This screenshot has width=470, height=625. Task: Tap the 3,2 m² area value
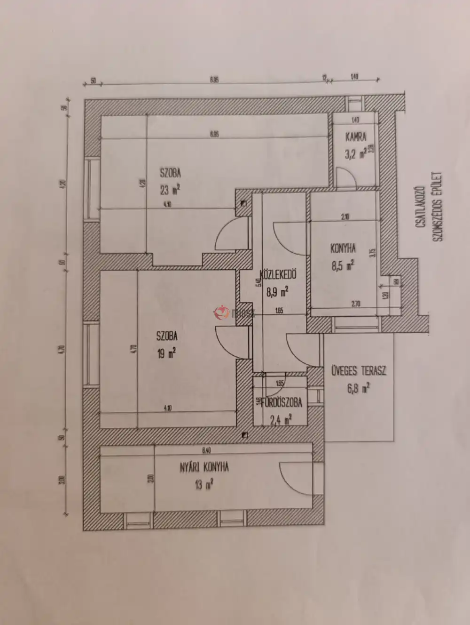[355, 154]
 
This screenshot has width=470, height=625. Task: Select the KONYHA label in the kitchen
[343, 248]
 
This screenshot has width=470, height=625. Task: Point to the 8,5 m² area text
[343, 265]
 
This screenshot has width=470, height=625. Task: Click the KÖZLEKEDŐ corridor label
[277, 275]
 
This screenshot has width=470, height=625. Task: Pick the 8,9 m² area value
[277, 292]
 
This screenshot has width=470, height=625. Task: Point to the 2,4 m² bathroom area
[281, 418]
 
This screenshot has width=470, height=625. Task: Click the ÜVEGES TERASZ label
[359, 370]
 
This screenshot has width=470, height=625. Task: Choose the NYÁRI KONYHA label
[204, 467]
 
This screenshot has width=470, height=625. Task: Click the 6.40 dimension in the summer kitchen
[206, 451]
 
